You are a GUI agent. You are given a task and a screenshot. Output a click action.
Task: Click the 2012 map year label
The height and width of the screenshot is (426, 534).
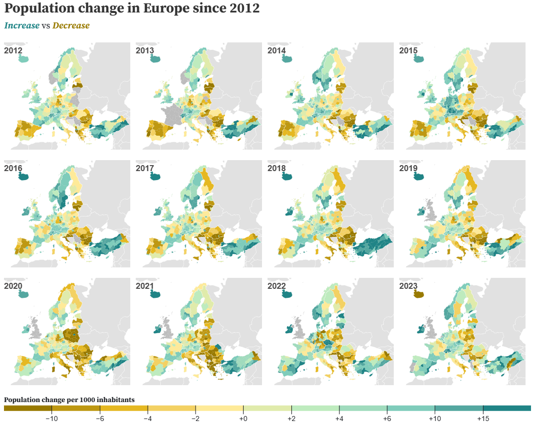pos(13,50)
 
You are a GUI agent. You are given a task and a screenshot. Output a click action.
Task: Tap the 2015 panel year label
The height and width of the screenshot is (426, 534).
pos(408,50)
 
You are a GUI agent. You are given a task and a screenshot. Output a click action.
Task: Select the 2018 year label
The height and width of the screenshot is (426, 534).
pos(276,168)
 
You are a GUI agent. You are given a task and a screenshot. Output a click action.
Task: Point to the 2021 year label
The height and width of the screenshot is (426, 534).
pos(145,286)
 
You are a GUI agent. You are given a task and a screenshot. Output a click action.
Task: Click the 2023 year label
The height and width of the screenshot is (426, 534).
pos(408,286)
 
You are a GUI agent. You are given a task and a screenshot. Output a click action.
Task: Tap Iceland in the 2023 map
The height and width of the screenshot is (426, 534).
pos(418,294)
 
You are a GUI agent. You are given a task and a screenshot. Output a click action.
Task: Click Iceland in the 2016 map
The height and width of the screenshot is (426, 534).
pos(23,177)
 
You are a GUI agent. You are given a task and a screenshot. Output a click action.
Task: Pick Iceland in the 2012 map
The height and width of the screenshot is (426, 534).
pos(23,59)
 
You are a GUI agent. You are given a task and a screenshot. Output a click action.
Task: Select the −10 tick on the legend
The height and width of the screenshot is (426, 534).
pos(52,419)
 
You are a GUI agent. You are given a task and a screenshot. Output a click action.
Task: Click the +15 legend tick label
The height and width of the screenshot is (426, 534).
pos(483,419)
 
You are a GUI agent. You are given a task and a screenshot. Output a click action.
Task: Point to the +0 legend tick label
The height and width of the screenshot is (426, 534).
pos(244,419)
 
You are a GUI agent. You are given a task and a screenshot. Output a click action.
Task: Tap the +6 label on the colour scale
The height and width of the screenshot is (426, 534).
pos(387,419)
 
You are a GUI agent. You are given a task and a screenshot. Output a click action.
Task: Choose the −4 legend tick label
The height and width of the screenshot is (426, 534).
pos(148,419)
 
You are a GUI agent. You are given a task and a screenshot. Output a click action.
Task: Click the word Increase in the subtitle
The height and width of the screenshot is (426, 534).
pos(21,25)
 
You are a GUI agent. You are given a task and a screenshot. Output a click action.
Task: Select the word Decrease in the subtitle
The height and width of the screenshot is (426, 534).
pos(71,25)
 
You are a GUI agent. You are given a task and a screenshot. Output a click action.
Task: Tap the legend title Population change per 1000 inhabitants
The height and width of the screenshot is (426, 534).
pos(69,400)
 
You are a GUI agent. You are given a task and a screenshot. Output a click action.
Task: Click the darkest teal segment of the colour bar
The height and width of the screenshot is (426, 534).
pos(507,409)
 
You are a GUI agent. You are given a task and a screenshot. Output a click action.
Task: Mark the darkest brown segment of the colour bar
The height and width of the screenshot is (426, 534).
pos(27,409)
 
